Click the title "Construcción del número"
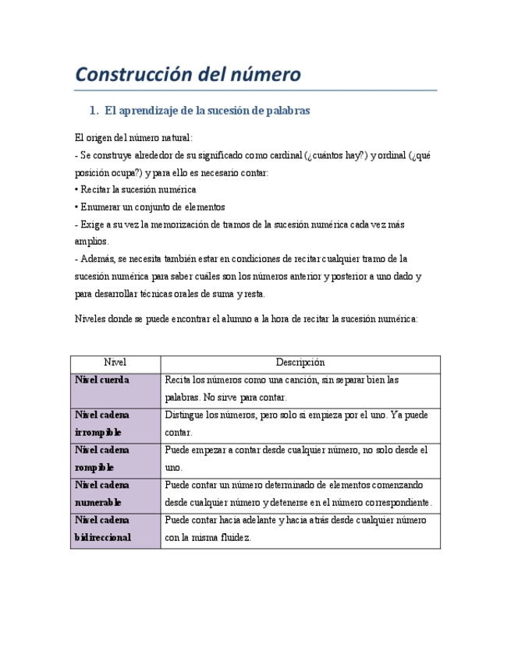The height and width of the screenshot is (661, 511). click(x=187, y=75)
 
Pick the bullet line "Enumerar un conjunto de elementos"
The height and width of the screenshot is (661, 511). click(x=151, y=207)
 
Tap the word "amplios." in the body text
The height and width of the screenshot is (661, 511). click(x=91, y=242)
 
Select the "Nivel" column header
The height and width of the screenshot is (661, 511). click(x=115, y=362)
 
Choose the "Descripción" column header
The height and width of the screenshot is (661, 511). click(x=300, y=362)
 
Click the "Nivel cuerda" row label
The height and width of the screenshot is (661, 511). click(x=102, y=380)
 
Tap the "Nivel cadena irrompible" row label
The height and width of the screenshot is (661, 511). click(x=102, y=423)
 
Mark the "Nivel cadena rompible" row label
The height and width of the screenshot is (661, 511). click(x=102, y=458)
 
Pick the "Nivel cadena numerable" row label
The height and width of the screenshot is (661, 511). click(x=102, y=493)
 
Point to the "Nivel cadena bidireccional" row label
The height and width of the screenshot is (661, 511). click(x=102, y=528)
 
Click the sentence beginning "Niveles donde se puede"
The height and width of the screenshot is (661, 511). click(x=246, y=319)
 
